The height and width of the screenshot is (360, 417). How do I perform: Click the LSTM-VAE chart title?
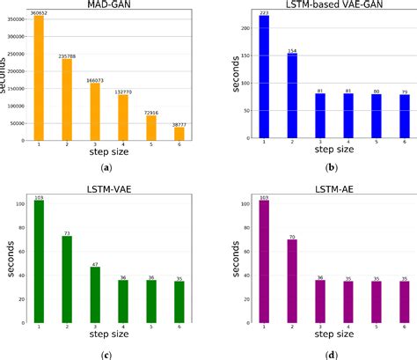(x=103, y=187)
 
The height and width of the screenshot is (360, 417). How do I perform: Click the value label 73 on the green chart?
(x=65, y=233)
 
